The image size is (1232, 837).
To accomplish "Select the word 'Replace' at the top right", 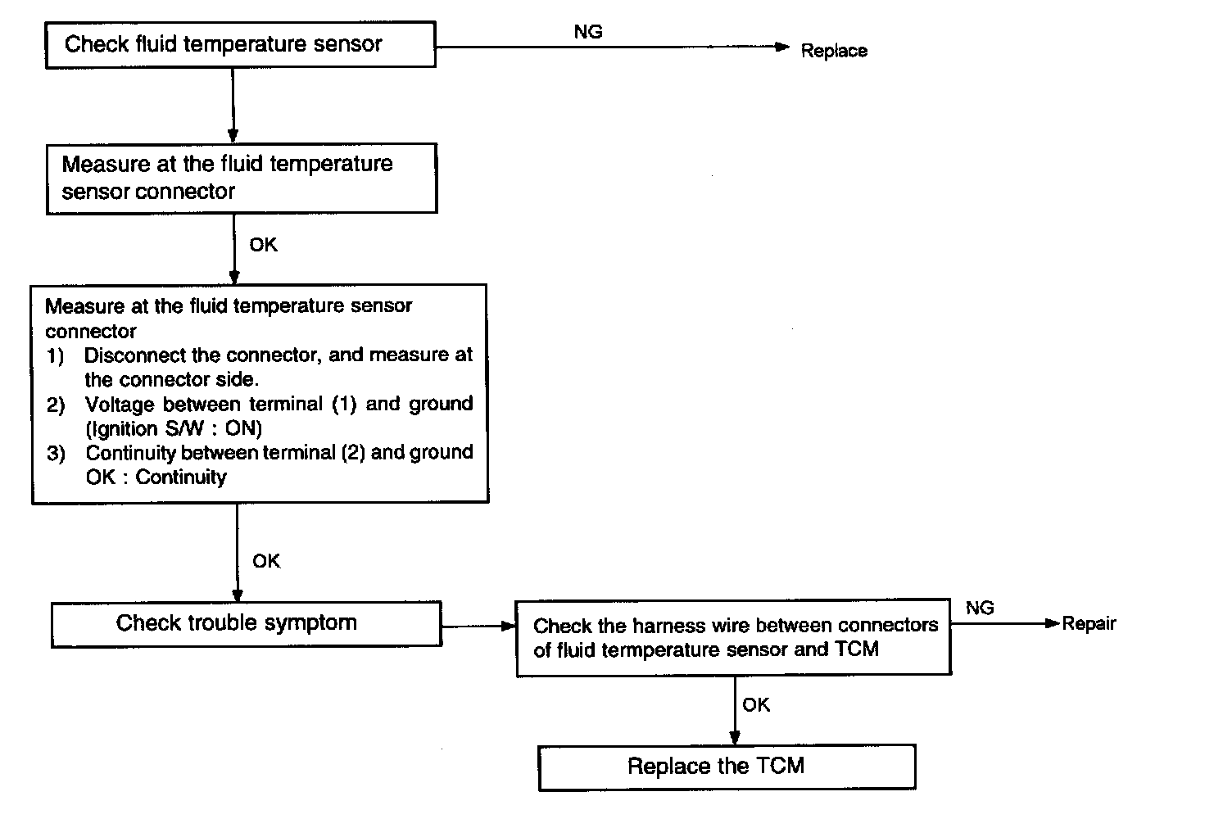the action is (834, 51).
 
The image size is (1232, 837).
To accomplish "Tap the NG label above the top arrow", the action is (588, 32).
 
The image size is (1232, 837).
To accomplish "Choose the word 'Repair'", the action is (1089, 623).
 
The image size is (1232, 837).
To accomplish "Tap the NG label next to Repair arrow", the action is (980, 608).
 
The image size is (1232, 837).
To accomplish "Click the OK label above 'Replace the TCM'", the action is (756, 705).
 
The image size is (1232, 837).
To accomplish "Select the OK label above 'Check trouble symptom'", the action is (266, 561).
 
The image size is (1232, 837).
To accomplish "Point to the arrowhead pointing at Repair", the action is (1052, 623).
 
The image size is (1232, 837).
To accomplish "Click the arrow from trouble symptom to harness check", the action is (478, 626).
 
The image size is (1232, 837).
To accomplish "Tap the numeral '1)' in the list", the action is (55, 356).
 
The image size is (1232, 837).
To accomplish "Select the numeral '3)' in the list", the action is (56, 454).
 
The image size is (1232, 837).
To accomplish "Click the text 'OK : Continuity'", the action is (156, 477).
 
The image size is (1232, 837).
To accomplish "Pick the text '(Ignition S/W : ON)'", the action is (174, 428).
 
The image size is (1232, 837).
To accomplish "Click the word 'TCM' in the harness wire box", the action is (856, 649).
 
